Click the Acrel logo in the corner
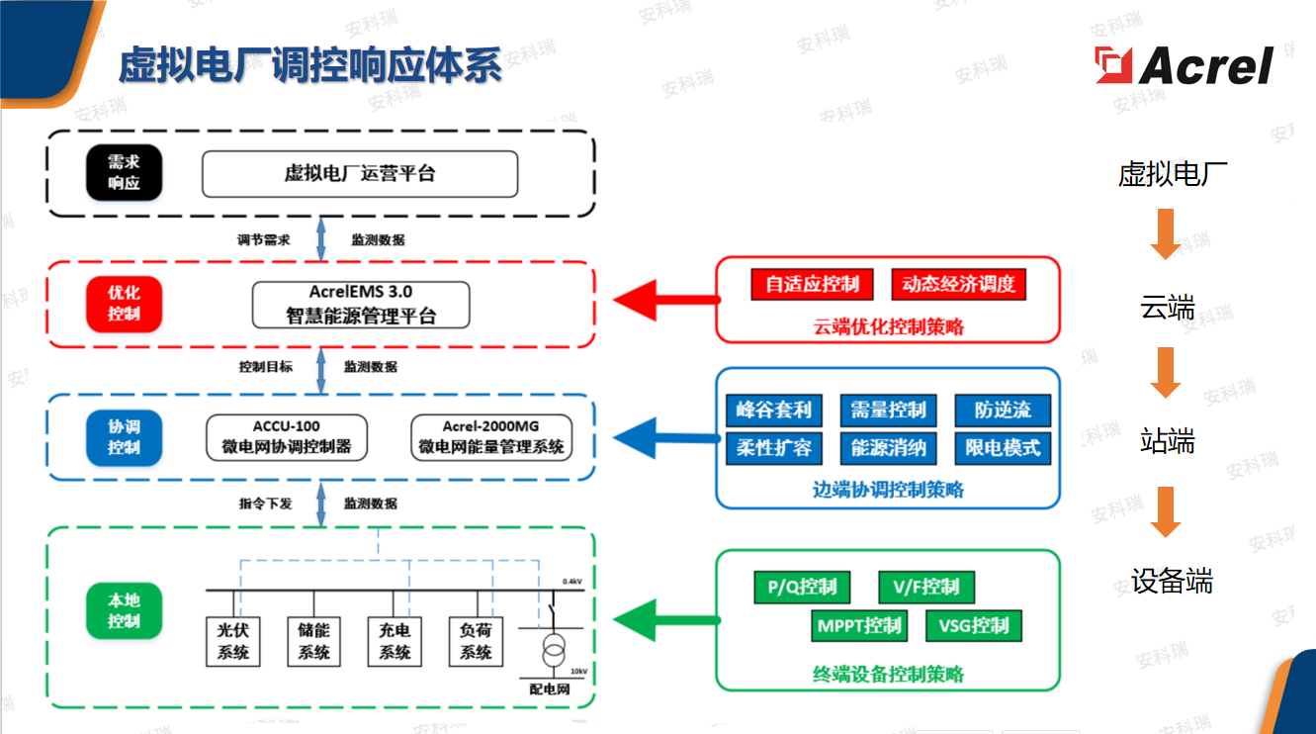tap(1184, 65)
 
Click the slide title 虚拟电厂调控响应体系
tap(310, 64)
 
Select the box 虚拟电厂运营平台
tap(360, 174)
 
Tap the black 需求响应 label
tap(124, 173)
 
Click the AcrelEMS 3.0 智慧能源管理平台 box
tap(361, 305)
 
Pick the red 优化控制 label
tap(124, 304)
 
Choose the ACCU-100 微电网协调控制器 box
tap(286, 437)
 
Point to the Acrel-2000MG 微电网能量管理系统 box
tap(490, 437)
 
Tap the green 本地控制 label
tap(124, 610)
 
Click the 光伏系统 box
tap(233, 641)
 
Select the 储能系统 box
tap(313, 641)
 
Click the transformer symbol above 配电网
tap(553, 654)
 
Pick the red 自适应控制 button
tap(813, 285)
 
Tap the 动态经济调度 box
tap(958, 285)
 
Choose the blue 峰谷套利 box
tap(773, 411)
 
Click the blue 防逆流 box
tap(1002, 411)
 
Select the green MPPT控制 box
tap(859, 625)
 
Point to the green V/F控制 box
tap(925, 588)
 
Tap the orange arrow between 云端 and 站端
tap(1166, 372)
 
